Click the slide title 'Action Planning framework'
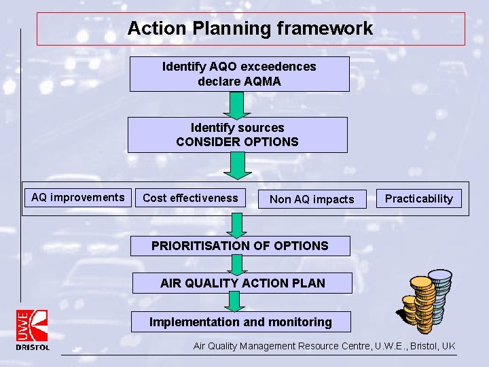tap(250, 29)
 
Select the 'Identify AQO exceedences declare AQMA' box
tap(239, 74)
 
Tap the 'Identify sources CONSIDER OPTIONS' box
tap(237, 135)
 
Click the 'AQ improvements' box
tap(78, 198)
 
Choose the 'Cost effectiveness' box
tap(190, 198)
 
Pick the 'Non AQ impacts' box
tap(312, 199)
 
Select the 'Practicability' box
tap(418, 198)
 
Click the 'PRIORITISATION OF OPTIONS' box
tap(240, 246)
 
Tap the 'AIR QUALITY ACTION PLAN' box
tap(242, 283)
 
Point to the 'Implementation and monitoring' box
tap(240, 322)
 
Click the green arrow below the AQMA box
tap(237, 105)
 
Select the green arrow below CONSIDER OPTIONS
tap(237, 165)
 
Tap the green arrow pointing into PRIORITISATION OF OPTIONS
tap(237, 225)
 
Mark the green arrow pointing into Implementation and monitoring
tap(236, 302)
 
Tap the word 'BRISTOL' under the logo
tap(33, 347)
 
